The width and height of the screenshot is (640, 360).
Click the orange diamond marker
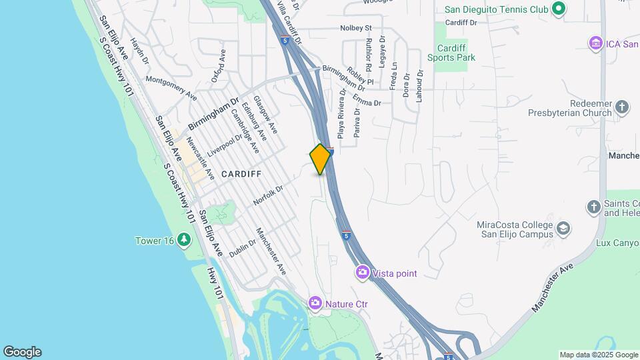pyautogui.click(x=321, y=159)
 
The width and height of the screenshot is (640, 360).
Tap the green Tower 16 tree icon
pyautogui.click(x=185, y=240)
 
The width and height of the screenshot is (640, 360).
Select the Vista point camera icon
pyautogui.click(x=363, y=272)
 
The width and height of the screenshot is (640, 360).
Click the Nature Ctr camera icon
pyautogui.click(x=315, y=303)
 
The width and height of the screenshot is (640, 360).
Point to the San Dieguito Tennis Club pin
pyautogui.click(x=559, y=9)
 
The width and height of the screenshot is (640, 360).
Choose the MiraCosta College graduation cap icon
pyautogui.click(x=563, y=229)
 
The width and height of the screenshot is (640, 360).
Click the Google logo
pyautogui.click(x=22, y=352)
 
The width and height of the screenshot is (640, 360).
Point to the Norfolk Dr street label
pyautogui.click(x=268, y=195)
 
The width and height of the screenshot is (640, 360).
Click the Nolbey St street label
pyautogui.click(x=355, y=28)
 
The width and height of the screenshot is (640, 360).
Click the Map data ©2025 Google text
pyautogui.click(x=598, y=355)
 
